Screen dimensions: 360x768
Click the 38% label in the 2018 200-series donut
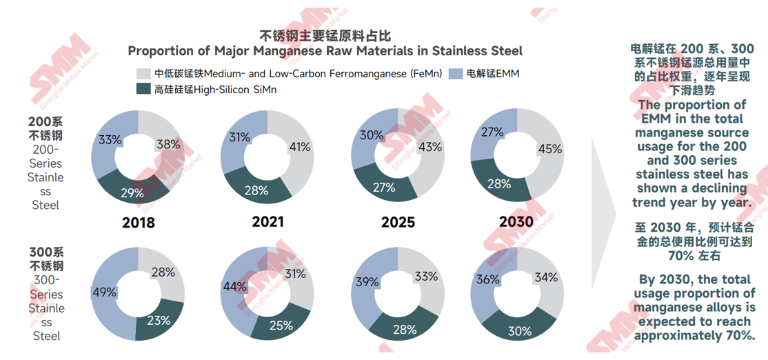(169, 145)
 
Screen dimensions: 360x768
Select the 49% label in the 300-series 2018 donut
(104, 292)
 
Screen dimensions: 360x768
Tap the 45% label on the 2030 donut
(549, 148)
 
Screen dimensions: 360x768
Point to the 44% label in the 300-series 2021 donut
(233, 286)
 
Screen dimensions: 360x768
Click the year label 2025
(398, 222)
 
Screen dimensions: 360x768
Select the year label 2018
(138, 223)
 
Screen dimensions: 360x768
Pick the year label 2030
(516, 221)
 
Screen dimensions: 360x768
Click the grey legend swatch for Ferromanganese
(143, 73)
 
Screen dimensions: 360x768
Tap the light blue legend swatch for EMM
(455, 73)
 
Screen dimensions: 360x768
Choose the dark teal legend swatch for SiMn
(143, 89)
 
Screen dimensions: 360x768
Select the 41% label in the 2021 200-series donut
(299, 147)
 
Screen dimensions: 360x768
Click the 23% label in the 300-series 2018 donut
(158, 320)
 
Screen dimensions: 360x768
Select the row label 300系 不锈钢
(46, 259)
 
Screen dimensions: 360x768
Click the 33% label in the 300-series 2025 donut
(425, 277)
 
